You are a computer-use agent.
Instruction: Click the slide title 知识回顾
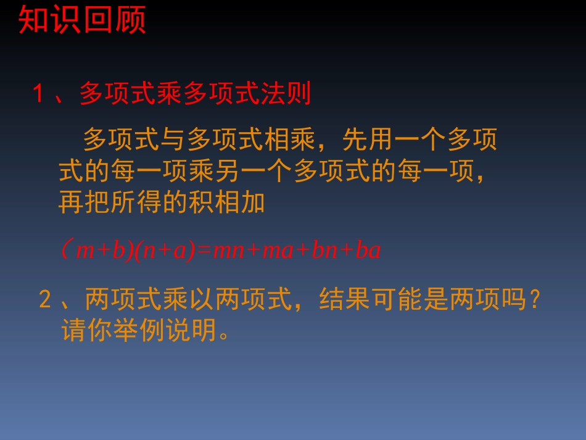82,20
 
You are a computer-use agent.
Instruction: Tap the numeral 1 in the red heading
39,94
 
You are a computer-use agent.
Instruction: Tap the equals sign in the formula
204,251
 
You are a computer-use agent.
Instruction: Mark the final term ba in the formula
369,251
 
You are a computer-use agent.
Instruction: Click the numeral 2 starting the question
44,300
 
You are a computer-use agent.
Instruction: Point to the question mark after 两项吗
535,300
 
